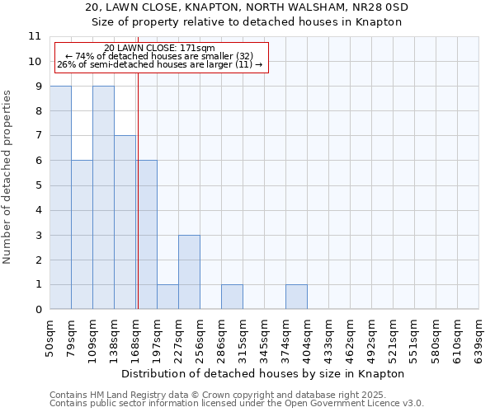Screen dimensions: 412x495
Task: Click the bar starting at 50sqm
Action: coord(60,198)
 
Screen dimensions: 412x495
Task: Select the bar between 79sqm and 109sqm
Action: coord(82,235)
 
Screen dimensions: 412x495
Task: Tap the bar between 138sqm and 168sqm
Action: coord(125,222)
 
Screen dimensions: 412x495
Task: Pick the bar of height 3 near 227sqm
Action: coord(189,272)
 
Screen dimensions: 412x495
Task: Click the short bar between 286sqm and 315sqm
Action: coord(232,297)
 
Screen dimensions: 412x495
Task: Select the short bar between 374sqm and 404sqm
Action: coord(296,297)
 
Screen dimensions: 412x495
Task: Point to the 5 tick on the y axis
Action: coord(38,185)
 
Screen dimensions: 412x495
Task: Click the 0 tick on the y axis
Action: coord(38,310)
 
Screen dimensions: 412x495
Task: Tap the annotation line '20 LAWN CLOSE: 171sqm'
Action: coord(160,49)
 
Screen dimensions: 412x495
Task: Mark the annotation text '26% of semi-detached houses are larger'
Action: coord(160,63)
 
